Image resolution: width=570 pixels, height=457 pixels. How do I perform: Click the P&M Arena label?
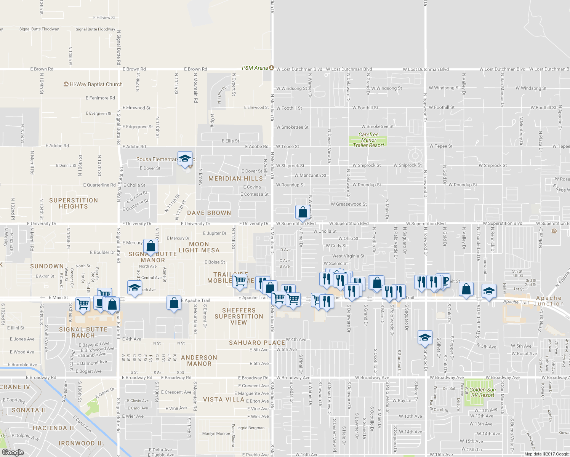pos(255,68)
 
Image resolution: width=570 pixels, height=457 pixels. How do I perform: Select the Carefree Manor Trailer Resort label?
pos(368,140)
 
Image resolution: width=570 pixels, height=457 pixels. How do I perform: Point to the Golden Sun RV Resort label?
pos(482,392)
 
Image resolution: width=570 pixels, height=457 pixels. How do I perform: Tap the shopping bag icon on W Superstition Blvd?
pos(303,212)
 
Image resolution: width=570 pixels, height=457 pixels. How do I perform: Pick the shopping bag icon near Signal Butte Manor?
pos(151,246)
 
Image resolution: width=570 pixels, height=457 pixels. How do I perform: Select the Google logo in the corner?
pos(13,452)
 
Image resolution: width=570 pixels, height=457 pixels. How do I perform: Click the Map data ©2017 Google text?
pos(546,454)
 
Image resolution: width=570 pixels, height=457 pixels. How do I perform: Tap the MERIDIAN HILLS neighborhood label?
pos(235,178)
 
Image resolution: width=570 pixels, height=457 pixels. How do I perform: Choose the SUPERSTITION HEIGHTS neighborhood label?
pos(74,203)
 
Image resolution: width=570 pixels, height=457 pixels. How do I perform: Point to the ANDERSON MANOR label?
pos(199,360)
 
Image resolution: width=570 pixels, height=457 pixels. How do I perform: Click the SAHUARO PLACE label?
pos(257,343)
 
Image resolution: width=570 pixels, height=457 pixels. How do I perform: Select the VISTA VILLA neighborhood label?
pos(224,399)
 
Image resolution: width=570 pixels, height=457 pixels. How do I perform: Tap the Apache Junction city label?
pos(549,301)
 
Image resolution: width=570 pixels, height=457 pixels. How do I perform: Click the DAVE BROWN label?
pos(209,213)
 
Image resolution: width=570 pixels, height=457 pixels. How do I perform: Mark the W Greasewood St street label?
pos(349,204)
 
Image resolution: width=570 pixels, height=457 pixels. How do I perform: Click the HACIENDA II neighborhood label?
pos(53,428)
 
